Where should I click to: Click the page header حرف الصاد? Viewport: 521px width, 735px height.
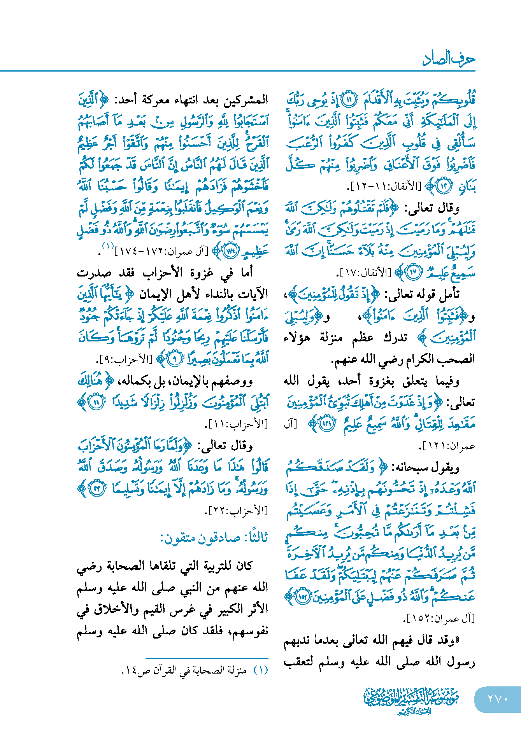[448, 59]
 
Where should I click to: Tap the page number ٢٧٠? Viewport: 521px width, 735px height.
[498, 699]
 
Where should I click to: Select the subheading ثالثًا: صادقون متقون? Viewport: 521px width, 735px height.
[214, 538]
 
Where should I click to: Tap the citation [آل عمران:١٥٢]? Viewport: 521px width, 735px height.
[439, 618]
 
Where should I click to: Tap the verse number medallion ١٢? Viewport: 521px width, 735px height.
[444, 186]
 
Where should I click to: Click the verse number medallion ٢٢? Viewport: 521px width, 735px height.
[96, 489]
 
